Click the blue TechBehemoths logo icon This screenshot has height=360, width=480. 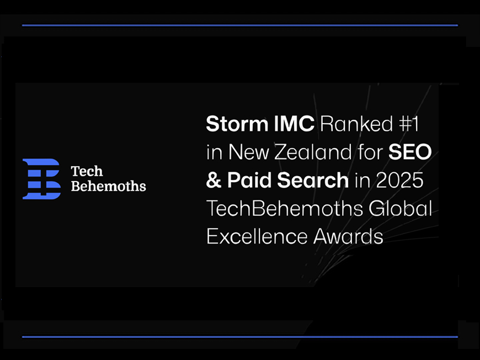coord(41,178)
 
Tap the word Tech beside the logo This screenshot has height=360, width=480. coord(87,172)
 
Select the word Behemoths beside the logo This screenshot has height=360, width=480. coord(108,186)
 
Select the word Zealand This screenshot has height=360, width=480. coord(303,152)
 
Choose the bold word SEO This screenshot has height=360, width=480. coord(409,152)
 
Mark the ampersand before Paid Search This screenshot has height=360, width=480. coord(214,181)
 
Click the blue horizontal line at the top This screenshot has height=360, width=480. coord(240,25)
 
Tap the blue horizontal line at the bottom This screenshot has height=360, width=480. coord(240,337)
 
